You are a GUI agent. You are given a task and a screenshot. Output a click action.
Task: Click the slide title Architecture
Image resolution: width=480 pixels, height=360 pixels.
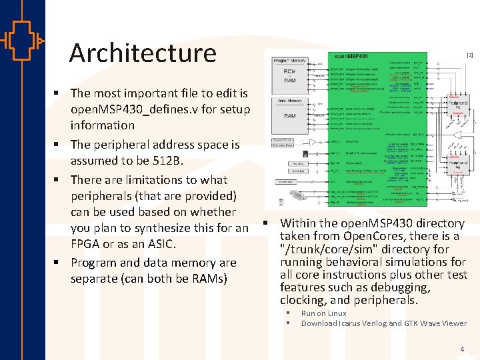coord(143,53)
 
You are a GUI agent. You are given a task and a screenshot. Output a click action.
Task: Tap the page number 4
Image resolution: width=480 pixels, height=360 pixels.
coord(462,349)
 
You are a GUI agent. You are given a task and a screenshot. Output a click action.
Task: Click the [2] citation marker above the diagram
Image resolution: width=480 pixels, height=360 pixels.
coord(469,55)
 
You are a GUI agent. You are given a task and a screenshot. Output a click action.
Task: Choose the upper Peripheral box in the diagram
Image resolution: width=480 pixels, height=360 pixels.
coord(459,105)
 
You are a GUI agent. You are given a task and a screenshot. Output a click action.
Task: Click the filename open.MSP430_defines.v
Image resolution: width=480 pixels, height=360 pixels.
coord(160,109)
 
